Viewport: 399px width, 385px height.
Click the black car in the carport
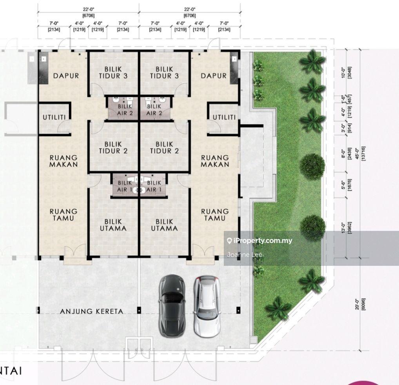172,305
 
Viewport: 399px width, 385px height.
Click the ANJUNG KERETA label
92,311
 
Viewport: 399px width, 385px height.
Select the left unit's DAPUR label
66,76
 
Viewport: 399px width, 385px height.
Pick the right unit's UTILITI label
224,117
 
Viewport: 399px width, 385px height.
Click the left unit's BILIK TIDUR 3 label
113,73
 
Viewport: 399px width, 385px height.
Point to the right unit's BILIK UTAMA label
164,225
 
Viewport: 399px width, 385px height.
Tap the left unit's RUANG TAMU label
63,215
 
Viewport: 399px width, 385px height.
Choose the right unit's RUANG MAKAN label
215,161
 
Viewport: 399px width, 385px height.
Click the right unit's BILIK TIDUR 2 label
164,147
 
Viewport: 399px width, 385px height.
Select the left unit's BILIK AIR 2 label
125,110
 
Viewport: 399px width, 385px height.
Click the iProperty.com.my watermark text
263,241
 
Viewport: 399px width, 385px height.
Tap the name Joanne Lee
244,255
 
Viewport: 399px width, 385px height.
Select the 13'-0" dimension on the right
343,228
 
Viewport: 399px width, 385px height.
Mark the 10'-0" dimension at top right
343,73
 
